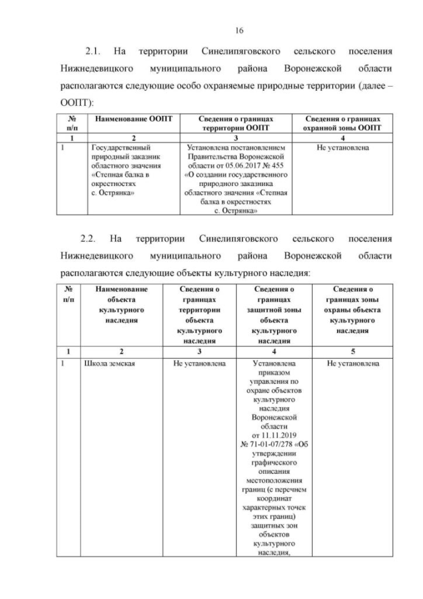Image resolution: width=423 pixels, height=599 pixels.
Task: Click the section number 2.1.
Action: [x=96, y=51]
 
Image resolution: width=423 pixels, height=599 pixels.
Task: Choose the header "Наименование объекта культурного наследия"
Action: [x=121, y=304]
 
